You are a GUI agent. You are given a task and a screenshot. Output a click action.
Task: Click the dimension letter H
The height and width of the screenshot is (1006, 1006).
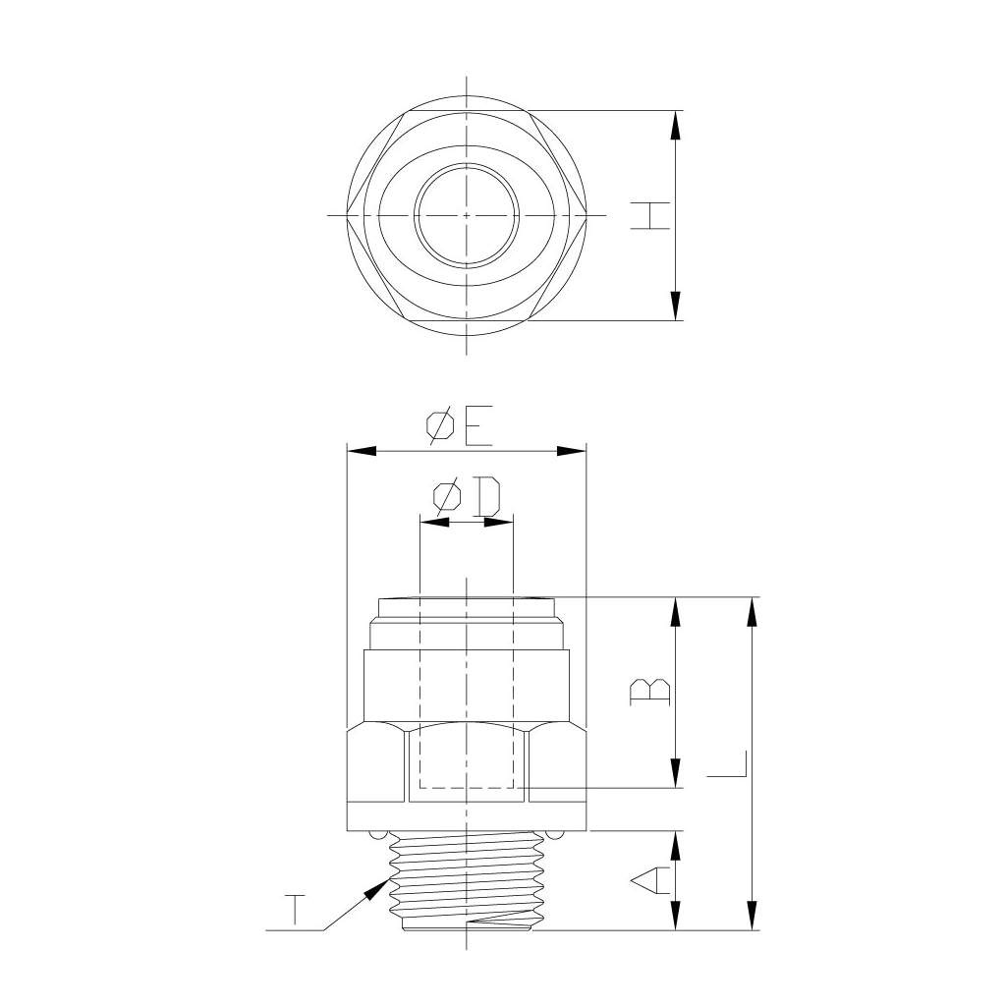coord(650,215)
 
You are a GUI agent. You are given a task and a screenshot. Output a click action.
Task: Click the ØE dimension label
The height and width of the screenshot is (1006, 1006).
coord(460,424)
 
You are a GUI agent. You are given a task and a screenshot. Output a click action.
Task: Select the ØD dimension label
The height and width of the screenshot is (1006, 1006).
coord(467,496)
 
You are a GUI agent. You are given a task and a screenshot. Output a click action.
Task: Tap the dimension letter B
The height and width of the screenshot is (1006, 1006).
coord(650,692)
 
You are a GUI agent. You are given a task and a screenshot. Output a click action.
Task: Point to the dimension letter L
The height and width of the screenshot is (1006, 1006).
coord(727,764)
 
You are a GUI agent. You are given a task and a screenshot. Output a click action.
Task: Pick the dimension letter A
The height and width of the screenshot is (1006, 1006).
coord(650,880)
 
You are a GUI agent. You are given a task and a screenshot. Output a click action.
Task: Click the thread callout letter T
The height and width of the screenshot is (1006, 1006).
coord(295,910)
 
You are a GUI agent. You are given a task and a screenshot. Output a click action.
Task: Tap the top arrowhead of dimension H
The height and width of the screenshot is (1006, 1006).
coord(675,125)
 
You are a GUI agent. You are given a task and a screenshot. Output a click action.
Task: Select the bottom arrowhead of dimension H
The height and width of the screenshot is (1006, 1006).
coord(675,306)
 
